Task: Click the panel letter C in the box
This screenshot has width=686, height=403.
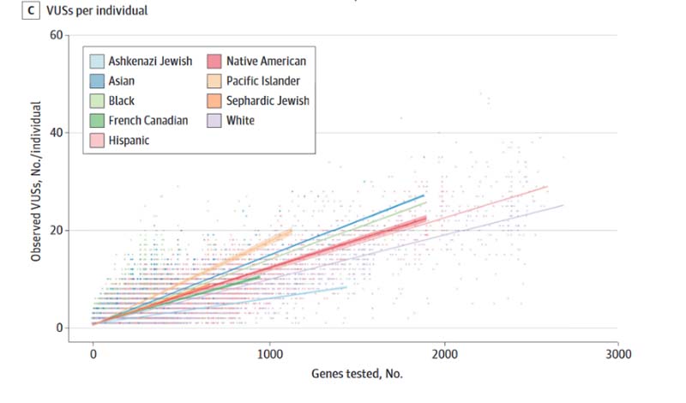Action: click(x=9, y=10)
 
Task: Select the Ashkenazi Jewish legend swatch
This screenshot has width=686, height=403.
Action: click(x=97, y=61)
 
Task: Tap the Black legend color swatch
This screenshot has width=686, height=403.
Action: click(x=97, y=100)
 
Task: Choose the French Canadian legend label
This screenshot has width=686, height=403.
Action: click(x=148, y=120)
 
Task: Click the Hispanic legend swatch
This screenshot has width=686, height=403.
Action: click(x=97, y=140)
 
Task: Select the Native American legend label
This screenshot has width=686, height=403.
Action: click(x=266, y=61)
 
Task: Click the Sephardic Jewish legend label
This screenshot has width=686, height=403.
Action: click(x=268, y=100)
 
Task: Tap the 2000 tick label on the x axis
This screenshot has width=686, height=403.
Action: click(x=443, y=353)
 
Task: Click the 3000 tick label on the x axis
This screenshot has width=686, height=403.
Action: click(x=618, y=353)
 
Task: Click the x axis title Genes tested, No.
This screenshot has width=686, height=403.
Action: click(x=355, y=375)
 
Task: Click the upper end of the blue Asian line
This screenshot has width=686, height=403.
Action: click(x=424, y=195)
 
